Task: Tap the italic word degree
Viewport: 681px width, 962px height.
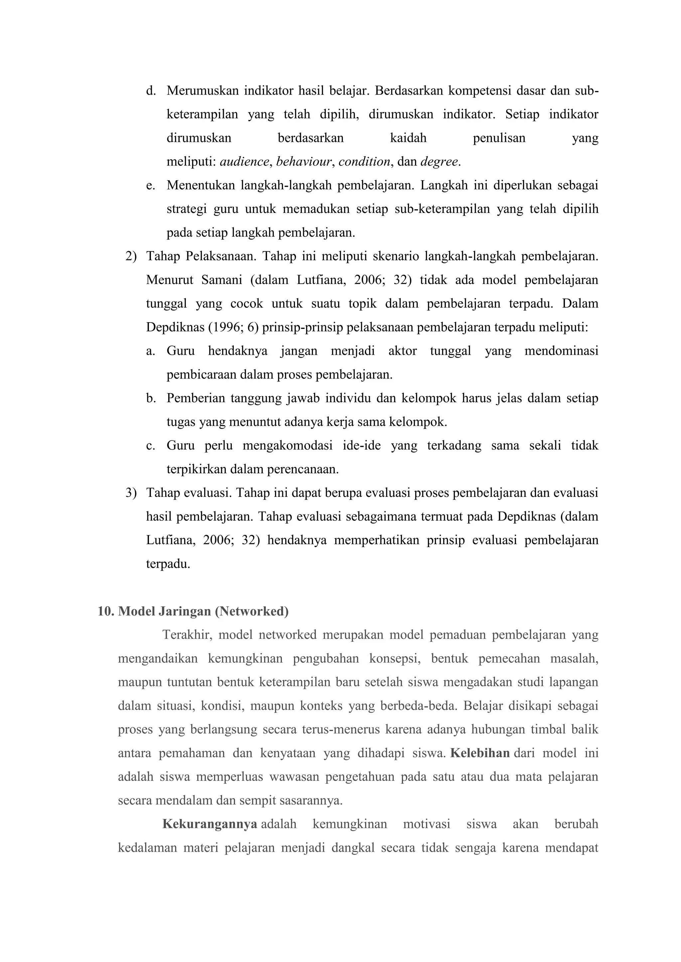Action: click(439, 162)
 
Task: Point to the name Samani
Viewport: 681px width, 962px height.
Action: click(221, 280)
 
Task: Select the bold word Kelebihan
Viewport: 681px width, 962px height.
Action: click(480, 753)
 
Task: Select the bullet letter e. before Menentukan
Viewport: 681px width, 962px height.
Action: click(151, 186)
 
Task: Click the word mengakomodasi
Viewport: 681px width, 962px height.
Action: click(287, 445)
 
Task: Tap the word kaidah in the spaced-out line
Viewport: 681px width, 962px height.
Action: click(408, 138)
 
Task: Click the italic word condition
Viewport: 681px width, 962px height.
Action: click(364, 162)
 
